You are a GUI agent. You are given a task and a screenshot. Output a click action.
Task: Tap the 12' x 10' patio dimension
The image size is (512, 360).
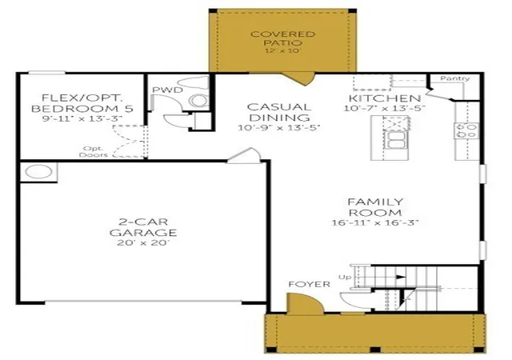click(282, 50)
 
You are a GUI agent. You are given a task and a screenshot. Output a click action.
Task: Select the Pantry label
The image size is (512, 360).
click(455, 78)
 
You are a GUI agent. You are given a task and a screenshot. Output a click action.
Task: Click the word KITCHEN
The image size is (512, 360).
click(385, 98)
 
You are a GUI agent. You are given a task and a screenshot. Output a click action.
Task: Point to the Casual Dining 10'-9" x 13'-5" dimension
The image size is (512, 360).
click(278, 127)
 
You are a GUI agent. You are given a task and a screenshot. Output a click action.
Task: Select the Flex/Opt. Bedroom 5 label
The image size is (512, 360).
click(82, 103)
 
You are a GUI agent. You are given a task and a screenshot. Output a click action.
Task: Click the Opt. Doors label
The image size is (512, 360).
click(94, 152)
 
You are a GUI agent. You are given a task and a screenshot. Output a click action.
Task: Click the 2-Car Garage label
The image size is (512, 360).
click(143, 227)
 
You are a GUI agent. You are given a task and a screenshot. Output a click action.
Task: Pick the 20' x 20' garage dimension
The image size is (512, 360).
click(143, 243)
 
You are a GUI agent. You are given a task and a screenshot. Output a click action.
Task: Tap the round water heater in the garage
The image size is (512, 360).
click(39, 172)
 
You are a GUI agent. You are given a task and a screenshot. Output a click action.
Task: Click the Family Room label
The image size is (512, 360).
click(375, 207)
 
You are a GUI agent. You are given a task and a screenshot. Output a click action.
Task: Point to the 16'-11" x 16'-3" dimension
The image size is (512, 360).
click(375, 222)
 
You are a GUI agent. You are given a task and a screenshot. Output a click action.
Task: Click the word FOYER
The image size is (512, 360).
click(310, 284)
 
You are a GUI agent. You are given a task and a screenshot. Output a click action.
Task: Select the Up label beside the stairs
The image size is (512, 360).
click(345, 277)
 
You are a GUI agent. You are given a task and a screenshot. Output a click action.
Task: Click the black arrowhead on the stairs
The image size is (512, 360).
click(401, 278)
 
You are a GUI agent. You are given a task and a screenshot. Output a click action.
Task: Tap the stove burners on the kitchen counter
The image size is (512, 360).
click(466, 130)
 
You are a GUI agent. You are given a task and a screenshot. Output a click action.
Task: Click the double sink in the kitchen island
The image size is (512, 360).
click(395, 139)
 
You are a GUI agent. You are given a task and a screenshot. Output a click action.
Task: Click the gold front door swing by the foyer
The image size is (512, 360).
click(304, 304)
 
